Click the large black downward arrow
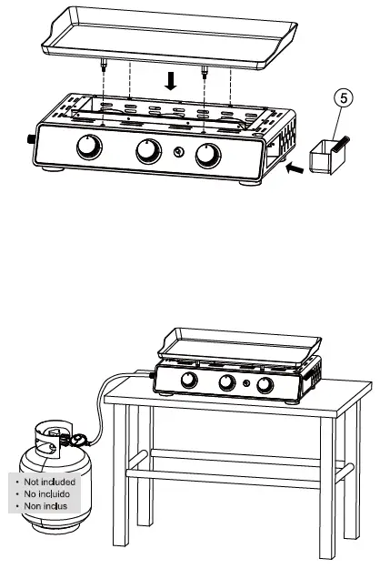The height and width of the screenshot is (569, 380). pos(170,82)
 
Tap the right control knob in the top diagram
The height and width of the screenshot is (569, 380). pos(208,155)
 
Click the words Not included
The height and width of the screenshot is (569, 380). pos(51,480)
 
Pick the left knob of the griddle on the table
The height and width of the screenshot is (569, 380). pos(192,381)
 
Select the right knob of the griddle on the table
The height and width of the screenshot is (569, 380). pos(265,387)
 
